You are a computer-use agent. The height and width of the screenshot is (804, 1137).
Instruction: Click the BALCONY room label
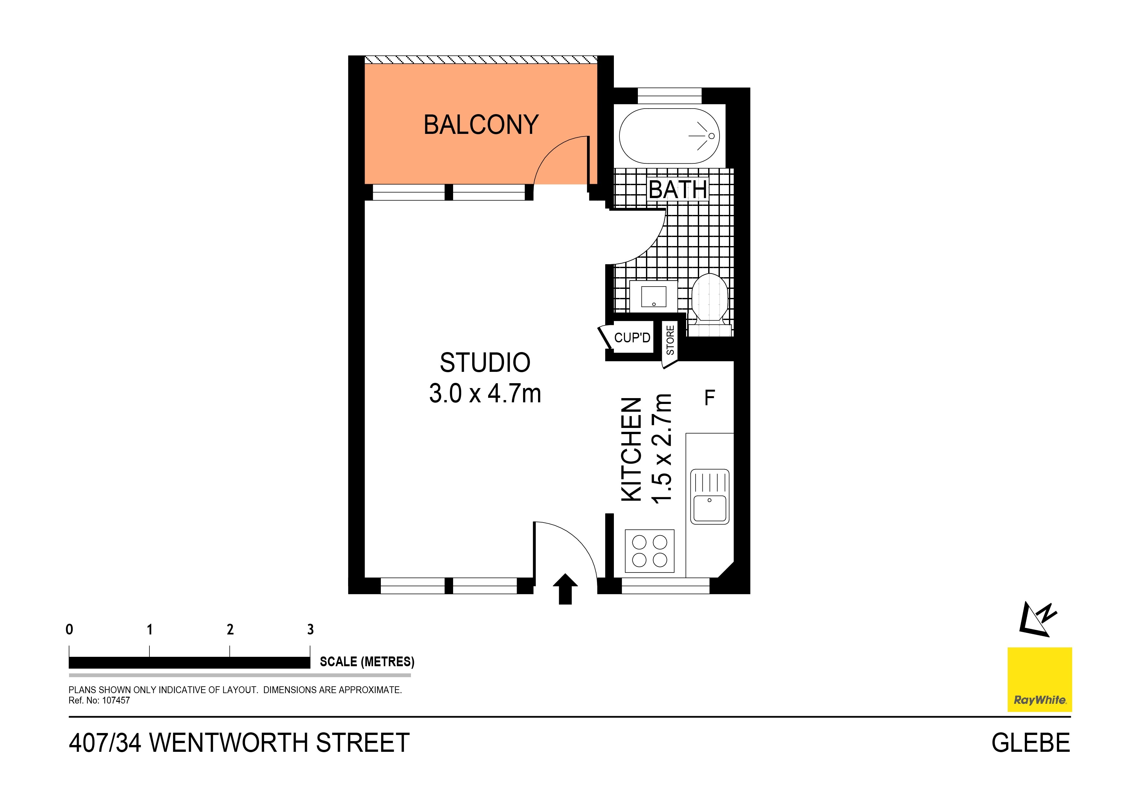tap(481, 124)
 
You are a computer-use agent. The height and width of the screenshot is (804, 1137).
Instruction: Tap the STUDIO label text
tap(485, 363)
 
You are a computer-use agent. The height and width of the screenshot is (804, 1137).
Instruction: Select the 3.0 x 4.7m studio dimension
tap(485, 394)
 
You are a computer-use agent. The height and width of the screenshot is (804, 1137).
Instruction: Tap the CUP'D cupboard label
tap(632, 338)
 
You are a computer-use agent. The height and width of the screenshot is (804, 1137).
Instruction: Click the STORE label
tap(670, 340)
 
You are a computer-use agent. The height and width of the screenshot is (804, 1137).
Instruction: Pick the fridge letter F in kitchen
tap(709, 398)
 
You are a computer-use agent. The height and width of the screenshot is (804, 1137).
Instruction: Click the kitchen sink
tap(709, 497)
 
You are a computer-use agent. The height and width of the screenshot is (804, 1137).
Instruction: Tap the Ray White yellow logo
tap(1039, 679)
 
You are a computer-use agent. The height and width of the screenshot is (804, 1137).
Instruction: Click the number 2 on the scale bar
tap(230, 630)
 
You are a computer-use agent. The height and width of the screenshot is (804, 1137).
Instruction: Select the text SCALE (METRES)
tap(367, 662)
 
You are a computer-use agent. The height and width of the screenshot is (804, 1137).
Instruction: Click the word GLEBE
tap(1031, 743)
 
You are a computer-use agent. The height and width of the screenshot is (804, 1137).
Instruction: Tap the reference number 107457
tap(116, 701)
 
